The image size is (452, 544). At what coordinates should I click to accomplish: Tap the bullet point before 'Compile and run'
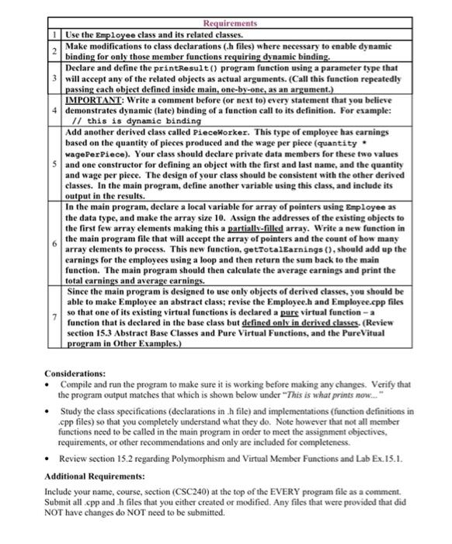pyautogui.click(x=48, y=384)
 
